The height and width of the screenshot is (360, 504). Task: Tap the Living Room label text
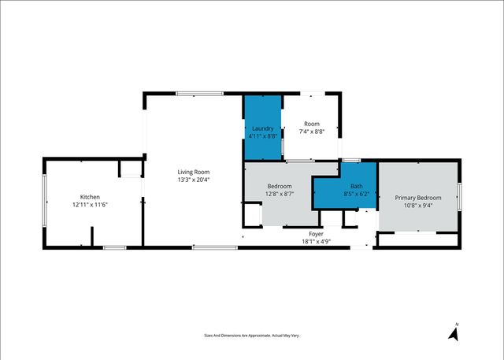click(x=193, y=172)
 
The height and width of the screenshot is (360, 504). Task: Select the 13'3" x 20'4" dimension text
click(x=193, y=180)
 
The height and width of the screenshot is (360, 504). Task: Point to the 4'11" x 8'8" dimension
click(x=262, y=135)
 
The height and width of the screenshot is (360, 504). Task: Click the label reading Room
click(x=312, y=124)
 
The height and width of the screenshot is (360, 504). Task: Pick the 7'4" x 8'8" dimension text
click(x=312, y=132)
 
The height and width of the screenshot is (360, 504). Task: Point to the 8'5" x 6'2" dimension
click(x=356, y=193)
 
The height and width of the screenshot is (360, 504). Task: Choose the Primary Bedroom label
click(x=418, y=198)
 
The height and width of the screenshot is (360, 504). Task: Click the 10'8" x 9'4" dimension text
click(x=418, y=206)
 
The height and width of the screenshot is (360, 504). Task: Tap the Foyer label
click(x=316, y=234)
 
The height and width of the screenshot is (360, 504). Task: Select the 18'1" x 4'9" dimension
click(x=316, y=241)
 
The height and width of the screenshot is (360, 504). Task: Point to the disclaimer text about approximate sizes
click(x=252, y=336)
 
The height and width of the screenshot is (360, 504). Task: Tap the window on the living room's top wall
click(x=193, y=94)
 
